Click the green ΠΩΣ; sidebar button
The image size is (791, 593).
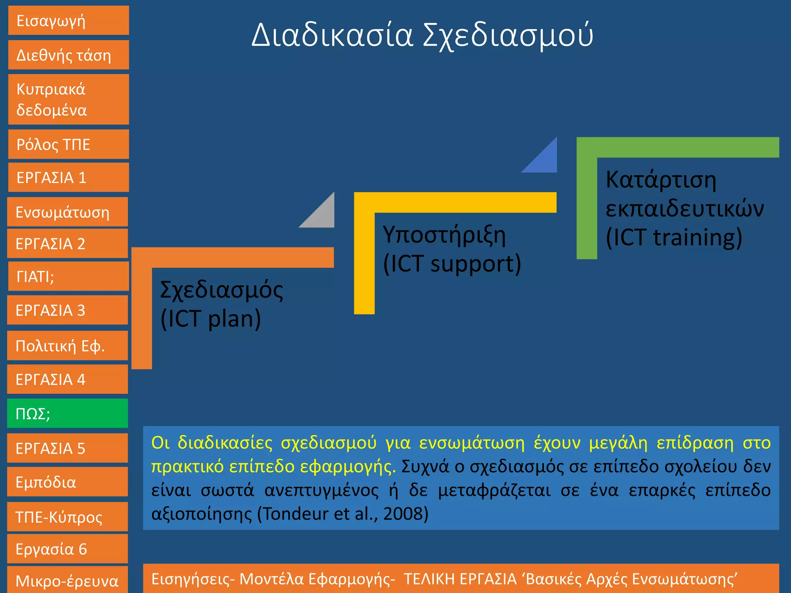coord(68,413)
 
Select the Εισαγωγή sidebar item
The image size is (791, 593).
coord(68,20)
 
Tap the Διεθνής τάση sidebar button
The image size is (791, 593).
coord(68,55)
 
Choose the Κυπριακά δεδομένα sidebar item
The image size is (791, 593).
coord(68,99)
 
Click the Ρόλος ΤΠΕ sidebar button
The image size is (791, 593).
coord(68,144)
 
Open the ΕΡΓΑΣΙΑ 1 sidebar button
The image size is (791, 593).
coord(68,178)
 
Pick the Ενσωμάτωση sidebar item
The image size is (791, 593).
coord(68,212)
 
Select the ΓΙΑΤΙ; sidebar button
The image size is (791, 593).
coord(68,276)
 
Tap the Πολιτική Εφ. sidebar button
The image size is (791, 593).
coord(68,346)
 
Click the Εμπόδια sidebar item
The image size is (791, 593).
coord(68,482)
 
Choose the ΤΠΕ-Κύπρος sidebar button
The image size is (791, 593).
coord(68,517)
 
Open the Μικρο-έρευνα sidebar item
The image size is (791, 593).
coord(68,580)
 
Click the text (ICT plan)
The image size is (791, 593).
coord(211,319)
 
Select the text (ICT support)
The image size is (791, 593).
coord(452,264)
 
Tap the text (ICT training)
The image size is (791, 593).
coord(674,237)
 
